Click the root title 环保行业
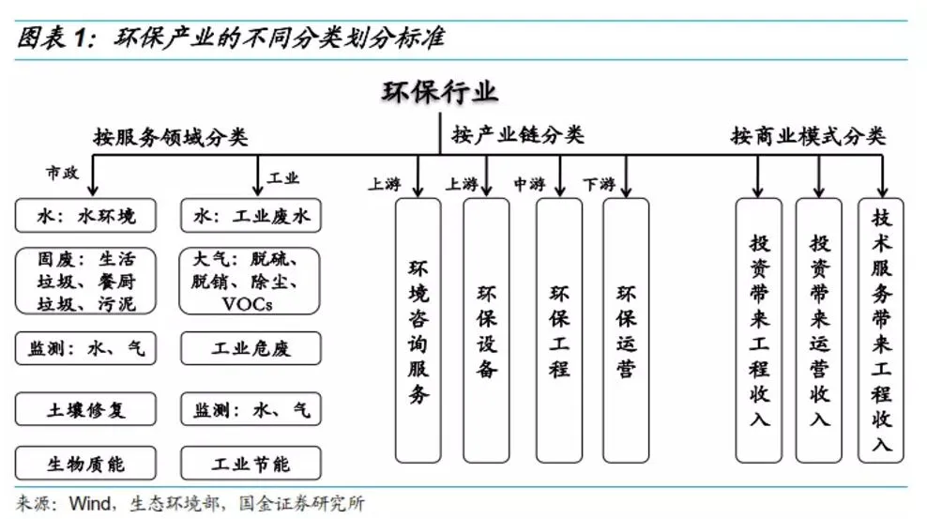pos(440,91)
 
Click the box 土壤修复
pos(85,409)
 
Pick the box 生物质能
pos(85,464)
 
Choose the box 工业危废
pos(251,349)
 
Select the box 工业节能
pos(251,464)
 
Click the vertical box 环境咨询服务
pos(418,330)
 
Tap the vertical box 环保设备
pos(486,330)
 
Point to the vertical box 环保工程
pos(559,330)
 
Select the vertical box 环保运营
pos(626,330)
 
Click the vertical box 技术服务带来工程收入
pos(881,330)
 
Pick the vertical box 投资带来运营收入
pos(819,330)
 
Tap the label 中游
pos(529,184)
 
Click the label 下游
pos(598,184)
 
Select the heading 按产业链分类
pos(518,135)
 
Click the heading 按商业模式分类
pos(808,135)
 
